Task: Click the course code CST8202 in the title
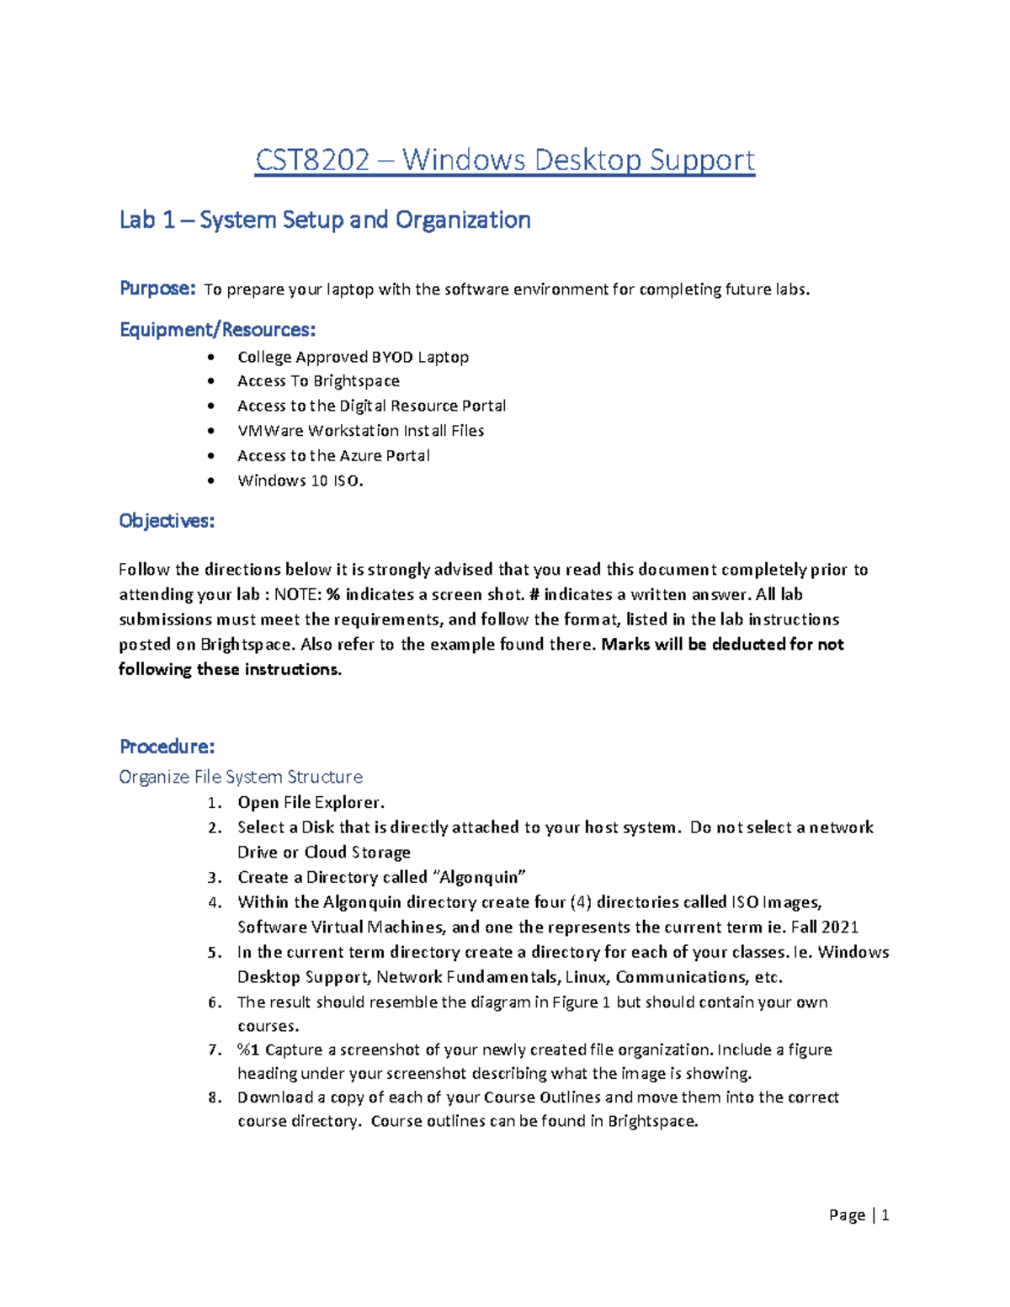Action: pyautogui.click(x=312, y=160)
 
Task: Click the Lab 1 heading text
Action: pyautogui.click(x=325, y=220)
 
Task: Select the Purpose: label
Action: pyautogui.click(x=157, y=289)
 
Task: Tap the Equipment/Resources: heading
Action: pyautogui.click(x=217, y=329)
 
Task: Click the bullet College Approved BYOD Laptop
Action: pyautogui.click(x=353, y=357)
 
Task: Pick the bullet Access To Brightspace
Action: pyautogui.click(x=318, y=381)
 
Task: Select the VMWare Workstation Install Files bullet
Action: pyautogui.click(x=360, y=431)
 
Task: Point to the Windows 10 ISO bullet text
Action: pyautogui.click(x=300, y=481)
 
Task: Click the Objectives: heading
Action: pyautogui.click(x=167, y=521)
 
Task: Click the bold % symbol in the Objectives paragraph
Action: pyautogui.click(x=333, y=595)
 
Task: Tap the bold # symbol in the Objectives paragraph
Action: pyautogui.click(x=534, y=595)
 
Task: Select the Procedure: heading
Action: pyautogui.click(x=167, y=746)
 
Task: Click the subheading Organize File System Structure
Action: pyautogui.click(x=241, y=777)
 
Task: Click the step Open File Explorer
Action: pyautogui.click(x=311, y=802)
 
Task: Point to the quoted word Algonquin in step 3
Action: pyautogui.click(x=479, y=877)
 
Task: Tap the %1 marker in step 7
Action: pyautogui.click(x=248, y=1049)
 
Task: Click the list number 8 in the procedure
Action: pyautogui.click(x=215, y=1097)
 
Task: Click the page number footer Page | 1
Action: pyautogui.click(x=858, y=1214)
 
